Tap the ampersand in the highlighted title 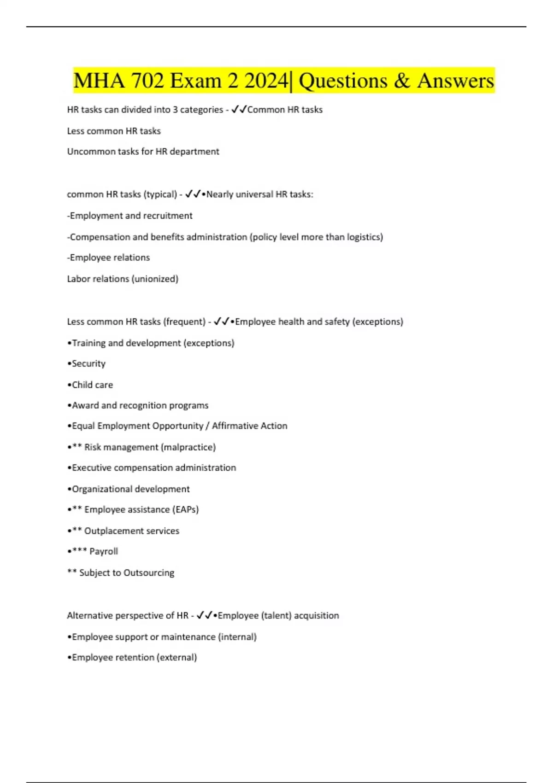pos(402,81)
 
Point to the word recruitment pos(168,216)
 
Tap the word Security pos(88,364)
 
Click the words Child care pos(92,385)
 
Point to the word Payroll pos(104,551)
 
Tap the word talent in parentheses pos(276,616)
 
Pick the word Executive pos(91,468)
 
